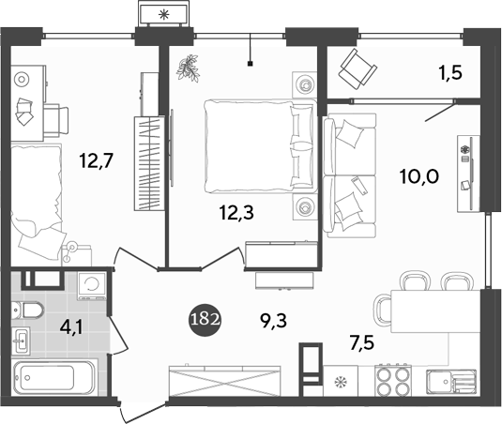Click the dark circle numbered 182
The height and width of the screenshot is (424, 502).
click(x=205, y=318)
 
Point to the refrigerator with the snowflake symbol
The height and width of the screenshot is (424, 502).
click(x=339, y=382)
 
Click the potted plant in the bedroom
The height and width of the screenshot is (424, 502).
click(x=191, y=66)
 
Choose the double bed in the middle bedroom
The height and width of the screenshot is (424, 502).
click(x=258, y=146)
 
